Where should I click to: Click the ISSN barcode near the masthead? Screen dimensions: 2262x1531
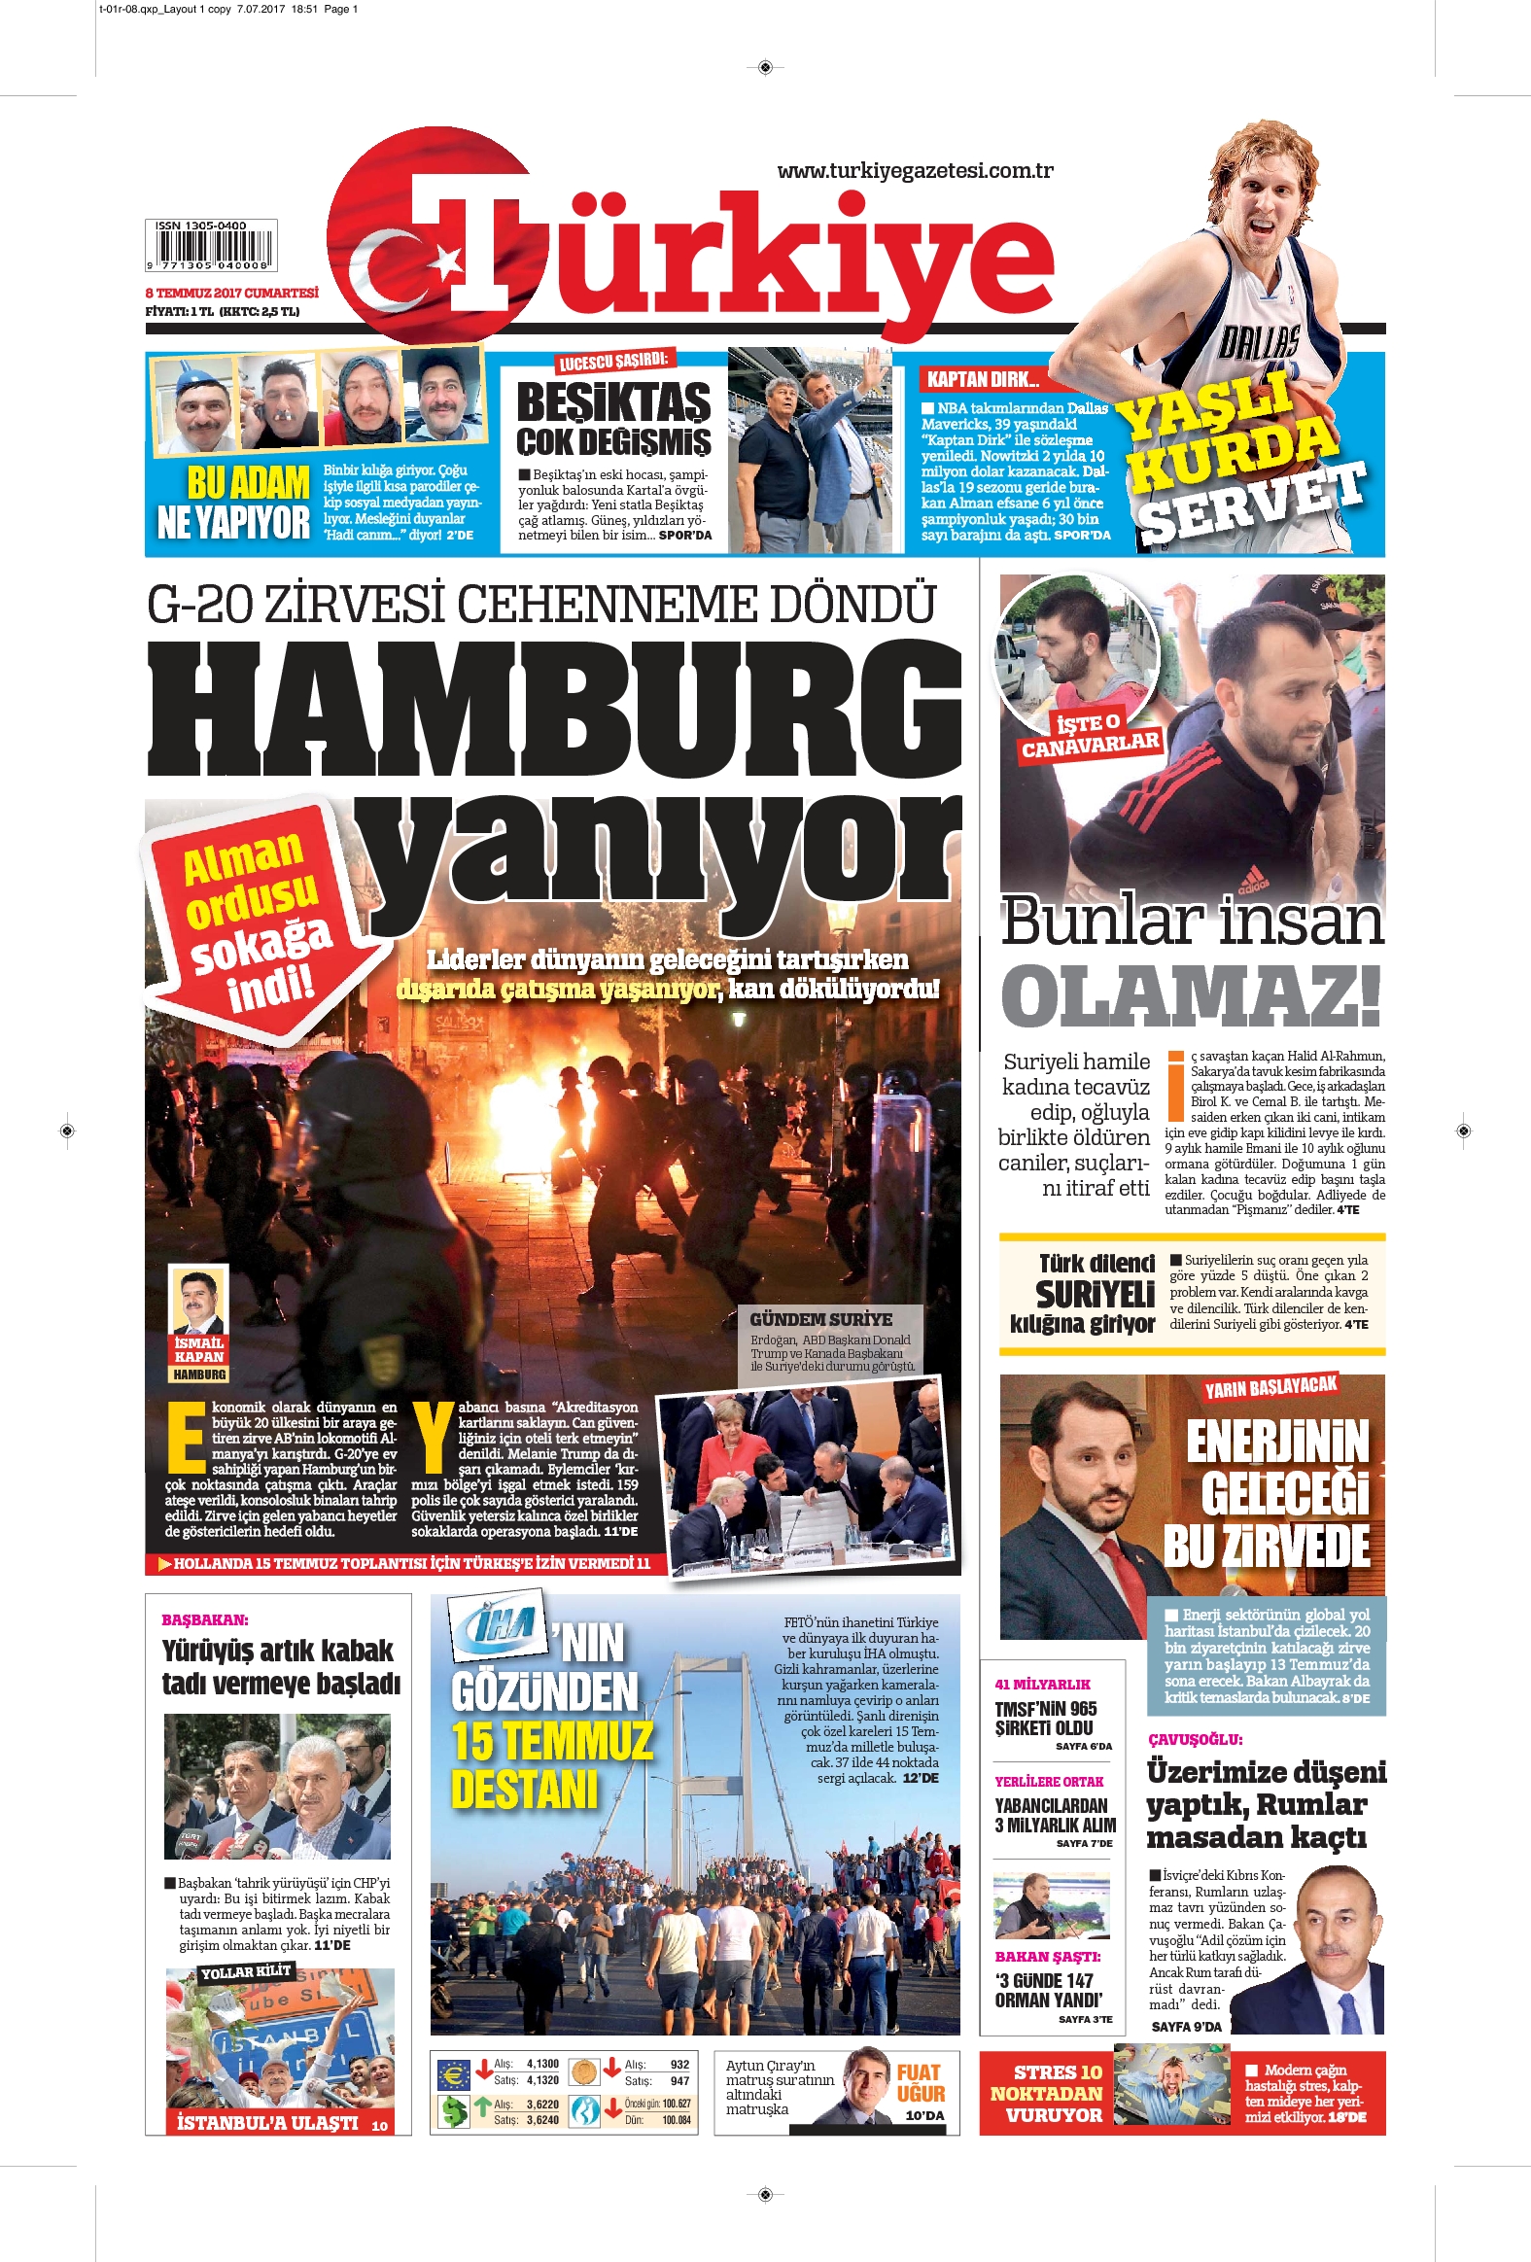coord(210,246)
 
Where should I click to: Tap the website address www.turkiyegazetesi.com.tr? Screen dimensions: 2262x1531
coord(915,171)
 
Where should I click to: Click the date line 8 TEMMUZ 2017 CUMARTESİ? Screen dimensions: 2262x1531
coord(231,293)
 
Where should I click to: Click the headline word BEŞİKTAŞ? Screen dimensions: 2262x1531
coord(613,403)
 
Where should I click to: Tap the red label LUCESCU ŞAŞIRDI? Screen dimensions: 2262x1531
coord(613,361)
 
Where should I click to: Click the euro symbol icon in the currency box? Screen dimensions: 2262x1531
coord(453,2074)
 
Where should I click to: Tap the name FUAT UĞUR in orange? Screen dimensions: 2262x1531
coord(920,2083)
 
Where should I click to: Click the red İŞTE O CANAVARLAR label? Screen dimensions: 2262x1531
coord(1090,733)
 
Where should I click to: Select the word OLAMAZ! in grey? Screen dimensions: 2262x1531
coord(1192,995)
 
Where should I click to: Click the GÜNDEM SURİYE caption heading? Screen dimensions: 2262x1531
coord(820,1319)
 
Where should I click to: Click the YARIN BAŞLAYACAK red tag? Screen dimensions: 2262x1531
coord(1270,1387)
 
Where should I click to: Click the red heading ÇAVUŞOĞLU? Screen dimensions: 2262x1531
coord(1196,1739)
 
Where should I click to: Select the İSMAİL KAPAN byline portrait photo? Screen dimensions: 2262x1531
coord(198,1300)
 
